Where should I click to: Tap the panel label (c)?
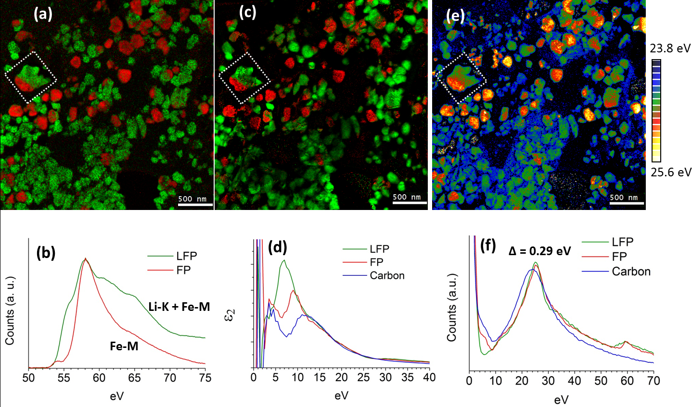(247, 13)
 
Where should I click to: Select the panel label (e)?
(455, 16)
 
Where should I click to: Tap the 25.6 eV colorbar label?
(671, 172)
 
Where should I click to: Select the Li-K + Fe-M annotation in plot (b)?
(179, 307)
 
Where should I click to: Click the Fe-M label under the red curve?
(124, 345)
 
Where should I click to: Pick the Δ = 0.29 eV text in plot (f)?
(539, 251)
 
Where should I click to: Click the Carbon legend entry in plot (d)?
(387, 276)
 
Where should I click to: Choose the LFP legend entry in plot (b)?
(186, 256)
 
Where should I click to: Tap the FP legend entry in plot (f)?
(619, 257)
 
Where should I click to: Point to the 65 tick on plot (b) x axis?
(134, 378)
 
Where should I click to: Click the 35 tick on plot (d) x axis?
(407, 378)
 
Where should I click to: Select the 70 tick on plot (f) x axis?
(653, 381)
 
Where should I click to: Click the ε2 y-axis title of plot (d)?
(231, 315)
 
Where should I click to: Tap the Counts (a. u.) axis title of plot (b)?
(10, 310)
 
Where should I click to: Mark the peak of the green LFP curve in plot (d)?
(284, 260)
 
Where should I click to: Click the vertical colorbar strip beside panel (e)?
(656, 110)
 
